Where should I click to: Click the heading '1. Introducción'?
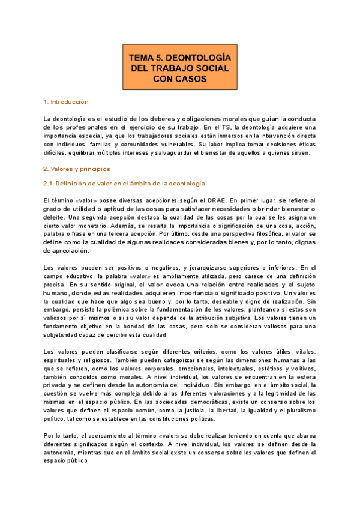point(67,102)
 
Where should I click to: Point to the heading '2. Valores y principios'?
point(76,169)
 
